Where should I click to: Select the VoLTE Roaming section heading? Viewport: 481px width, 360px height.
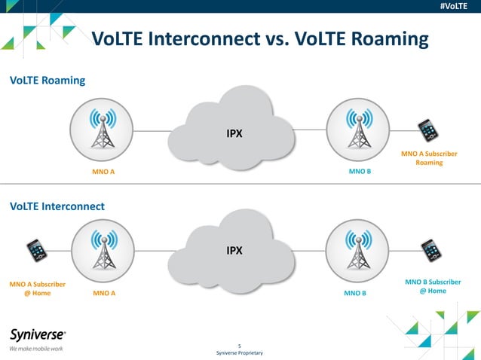coord(47,80)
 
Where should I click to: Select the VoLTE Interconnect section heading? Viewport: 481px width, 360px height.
coord(57,206)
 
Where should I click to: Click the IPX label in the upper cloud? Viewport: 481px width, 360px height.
coord(234,134)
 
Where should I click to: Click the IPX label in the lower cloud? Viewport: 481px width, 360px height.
coord(234,250)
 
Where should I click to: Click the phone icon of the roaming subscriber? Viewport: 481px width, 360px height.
coord(428,130)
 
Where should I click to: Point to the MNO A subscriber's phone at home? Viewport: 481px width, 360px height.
coord(36,250)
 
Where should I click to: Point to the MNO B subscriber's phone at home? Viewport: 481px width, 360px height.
coord(431,250)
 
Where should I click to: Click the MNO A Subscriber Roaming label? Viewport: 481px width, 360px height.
coord(429,158)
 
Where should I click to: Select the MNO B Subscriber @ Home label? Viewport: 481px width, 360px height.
coord(433,286)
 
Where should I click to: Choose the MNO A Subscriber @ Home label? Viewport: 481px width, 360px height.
coord(37,288)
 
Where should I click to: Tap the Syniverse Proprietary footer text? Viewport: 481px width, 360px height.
coord(239,352)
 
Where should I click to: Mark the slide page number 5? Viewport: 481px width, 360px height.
coord(239,345)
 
